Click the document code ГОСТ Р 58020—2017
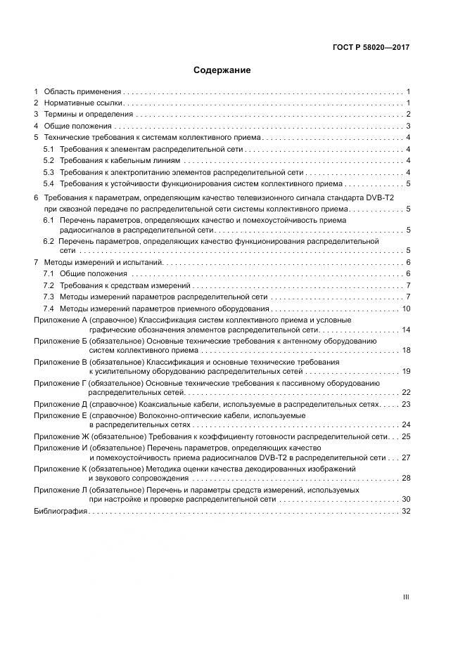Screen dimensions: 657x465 click(371, 48)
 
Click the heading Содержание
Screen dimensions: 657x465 click(222, 70)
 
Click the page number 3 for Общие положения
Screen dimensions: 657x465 click(408, 126)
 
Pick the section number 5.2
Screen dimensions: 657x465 click(49, 161)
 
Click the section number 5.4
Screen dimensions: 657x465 click(49, 184)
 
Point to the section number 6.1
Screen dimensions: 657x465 click(49, 221)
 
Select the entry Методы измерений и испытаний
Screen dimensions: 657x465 click(103, 262)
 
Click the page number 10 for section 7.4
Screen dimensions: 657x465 click(406, 309)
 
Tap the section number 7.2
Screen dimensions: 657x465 click(49, 286)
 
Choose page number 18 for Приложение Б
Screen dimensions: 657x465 click(406, 350)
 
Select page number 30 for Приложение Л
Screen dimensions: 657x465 click(406, 500)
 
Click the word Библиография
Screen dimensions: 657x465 click(60, 511)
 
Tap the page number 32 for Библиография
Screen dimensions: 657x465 click(406, 511)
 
